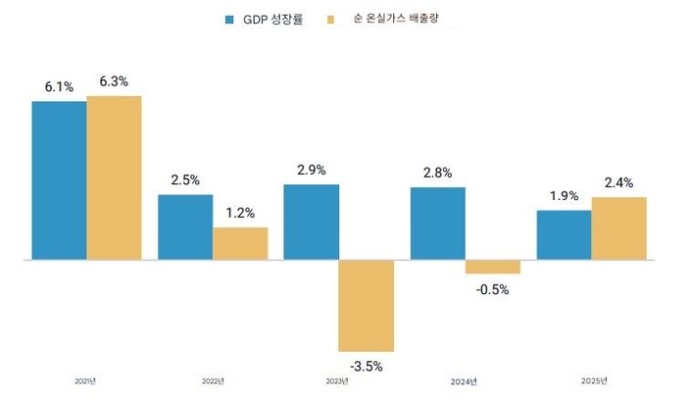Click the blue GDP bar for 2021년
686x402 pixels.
[x=59, y=180]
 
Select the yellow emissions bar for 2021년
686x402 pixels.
[x=115, y=177]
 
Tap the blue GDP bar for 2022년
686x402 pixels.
[x=185, y=227]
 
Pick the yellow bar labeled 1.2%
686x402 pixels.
[x=240, y=244]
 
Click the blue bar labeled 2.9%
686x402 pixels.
[x=312, y=223]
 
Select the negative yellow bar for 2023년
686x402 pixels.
[x=367, y=306]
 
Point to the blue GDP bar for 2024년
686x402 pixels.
[x=438, y=224]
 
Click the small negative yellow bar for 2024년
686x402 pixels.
[x=493, y=267]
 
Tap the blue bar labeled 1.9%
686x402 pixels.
[x=563, y=235]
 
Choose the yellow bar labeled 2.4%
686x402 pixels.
[x=619, y=228]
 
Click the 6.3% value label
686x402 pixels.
[x=114, y=81]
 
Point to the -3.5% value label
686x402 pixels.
[x=366, y=367]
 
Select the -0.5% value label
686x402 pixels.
[x=492, y=289]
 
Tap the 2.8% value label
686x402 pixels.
[x=437, y=173]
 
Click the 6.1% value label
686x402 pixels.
[x=59, y=87]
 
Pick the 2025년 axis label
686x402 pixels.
[x=593, y=381]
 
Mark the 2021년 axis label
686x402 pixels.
[x=86, y=381]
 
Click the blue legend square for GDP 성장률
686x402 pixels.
[x=230, y=19]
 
